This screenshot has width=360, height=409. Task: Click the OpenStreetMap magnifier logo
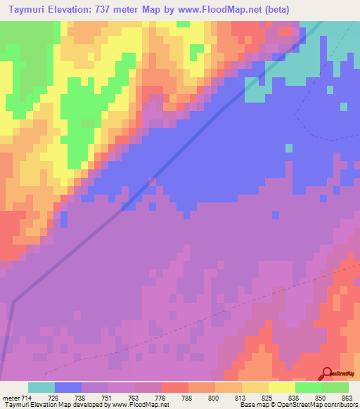(x=327, y=373)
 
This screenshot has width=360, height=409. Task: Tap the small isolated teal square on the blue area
(x=289, y=148)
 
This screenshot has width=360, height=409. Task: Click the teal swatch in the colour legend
(x=41, y=387)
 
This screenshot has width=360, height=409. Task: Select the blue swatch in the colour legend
(x=68, y=387)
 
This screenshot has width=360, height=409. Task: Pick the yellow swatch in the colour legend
(x=282, y=387)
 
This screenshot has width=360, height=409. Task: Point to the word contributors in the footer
(x=340, y=405)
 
